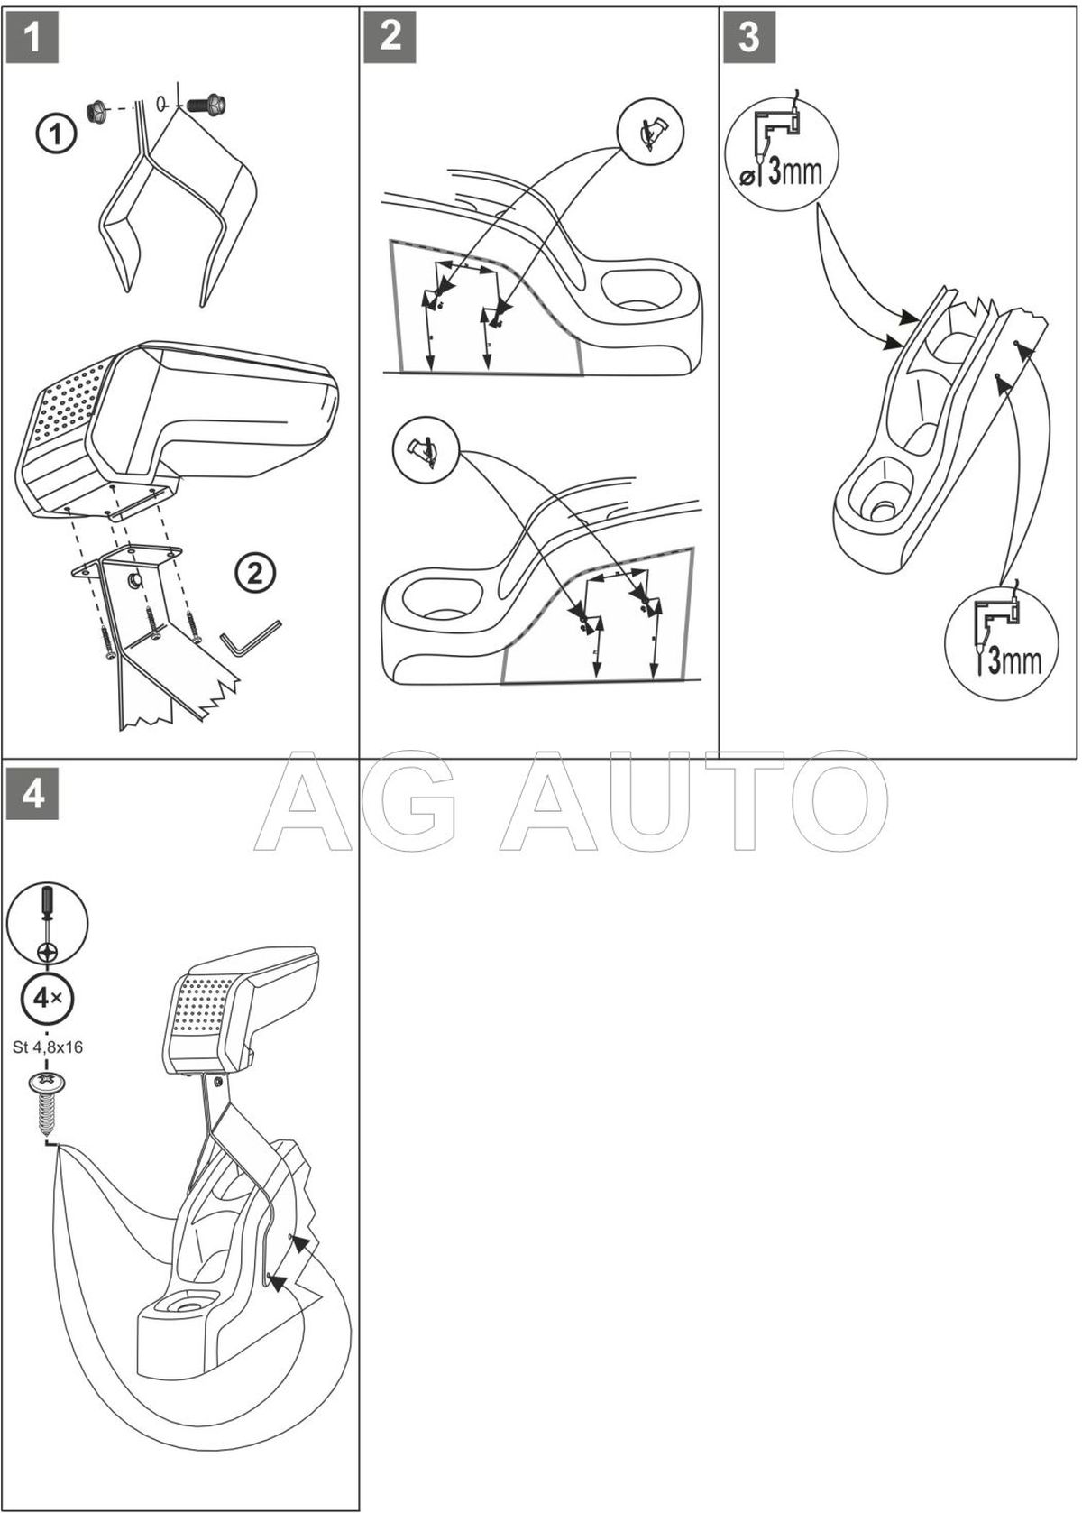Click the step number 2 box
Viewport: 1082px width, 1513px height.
(390, 37)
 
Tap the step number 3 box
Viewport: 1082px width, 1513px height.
(748, 37)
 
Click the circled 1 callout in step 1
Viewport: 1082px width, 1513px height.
(55, 135)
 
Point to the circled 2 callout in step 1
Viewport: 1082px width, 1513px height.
(255, 572)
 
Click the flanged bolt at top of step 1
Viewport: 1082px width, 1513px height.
(206, 103)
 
